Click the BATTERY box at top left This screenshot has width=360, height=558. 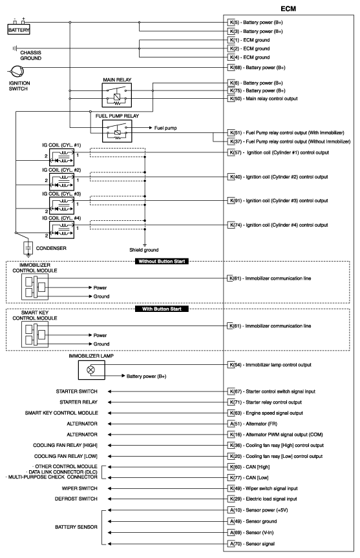point(18,30)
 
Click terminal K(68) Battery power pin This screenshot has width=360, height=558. point(235,67)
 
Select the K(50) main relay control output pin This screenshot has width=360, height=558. point(235,98)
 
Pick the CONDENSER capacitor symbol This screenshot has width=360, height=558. point(28,247)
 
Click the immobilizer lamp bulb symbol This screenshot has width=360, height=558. point(90,370)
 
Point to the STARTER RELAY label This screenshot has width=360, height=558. point(78,401)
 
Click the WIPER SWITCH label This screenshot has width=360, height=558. point(79,489)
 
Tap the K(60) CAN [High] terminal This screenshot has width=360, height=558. point(235,466)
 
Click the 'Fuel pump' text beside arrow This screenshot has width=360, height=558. point(167,128)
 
